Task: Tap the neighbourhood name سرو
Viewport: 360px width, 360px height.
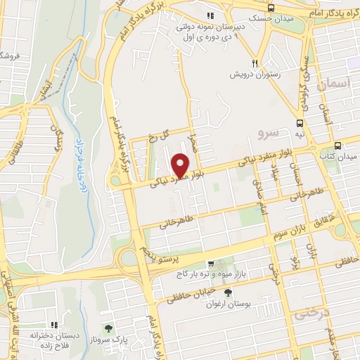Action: click(268, 131)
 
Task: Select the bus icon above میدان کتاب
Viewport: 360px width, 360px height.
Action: click(338, 146)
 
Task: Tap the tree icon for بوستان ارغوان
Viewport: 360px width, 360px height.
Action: click(226, 292)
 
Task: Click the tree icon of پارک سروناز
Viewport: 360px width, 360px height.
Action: click(108, 328)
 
